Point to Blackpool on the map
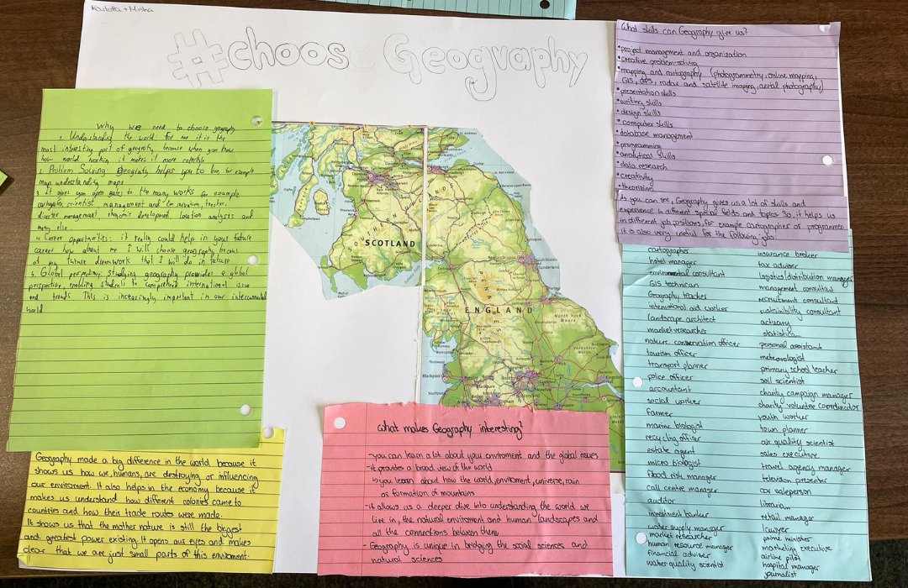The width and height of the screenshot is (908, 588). tap(433, 375)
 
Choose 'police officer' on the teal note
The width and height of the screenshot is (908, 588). tap(670, 377)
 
